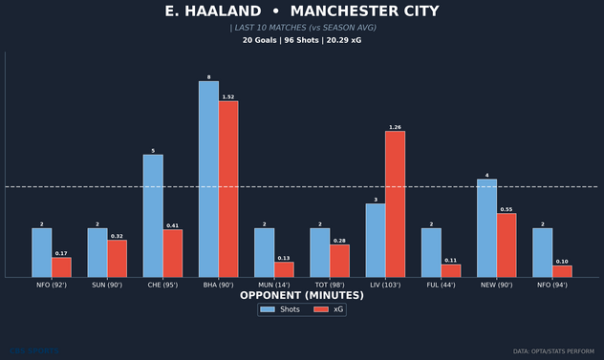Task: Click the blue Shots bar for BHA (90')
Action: pyautogui.click(x=208, y=180)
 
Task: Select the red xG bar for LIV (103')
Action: pyautogui.click(x=395, y=204)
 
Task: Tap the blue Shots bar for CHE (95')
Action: pyautogui.click(x=153, y=216)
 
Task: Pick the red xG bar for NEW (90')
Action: pyautogui.click(x=507, y=245)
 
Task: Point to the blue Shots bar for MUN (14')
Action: pyautogui.click(x=264, y=253)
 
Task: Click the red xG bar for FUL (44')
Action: pyautogui.click(x=451, y=271)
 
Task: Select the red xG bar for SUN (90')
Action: pyautogui.click(x=117, y=259)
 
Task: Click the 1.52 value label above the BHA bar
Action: pyautogui.click(x=228, y=96)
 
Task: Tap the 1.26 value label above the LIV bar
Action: pyautogui.click(x=395, y=127)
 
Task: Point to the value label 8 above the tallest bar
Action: pyautogui.click(x=208, y=77)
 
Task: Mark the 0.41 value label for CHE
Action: pyautogui.click(x=173, y=225)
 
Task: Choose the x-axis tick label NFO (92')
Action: pyautogui.click(x=52, y=285)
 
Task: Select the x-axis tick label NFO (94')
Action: pyautogui.click(x=552, y=285)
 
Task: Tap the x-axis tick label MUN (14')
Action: pyautogui.click(x=274, y=285)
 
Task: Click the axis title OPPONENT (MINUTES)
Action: pyautogui.click(x=301, y=296)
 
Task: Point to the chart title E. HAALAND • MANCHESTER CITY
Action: pyautogui.click(x=302, y=11)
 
